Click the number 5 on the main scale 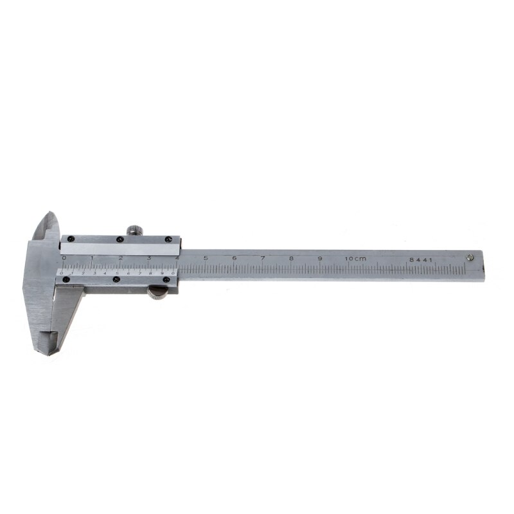[206, 258]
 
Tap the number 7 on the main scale [263, 258]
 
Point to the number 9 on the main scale [319, 258]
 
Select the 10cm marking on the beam [355, 258]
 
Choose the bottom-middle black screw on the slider [116, 279]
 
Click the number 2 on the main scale [121, 258]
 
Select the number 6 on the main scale [235, 258]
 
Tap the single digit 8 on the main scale [291, 258]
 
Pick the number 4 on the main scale [177, 258]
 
